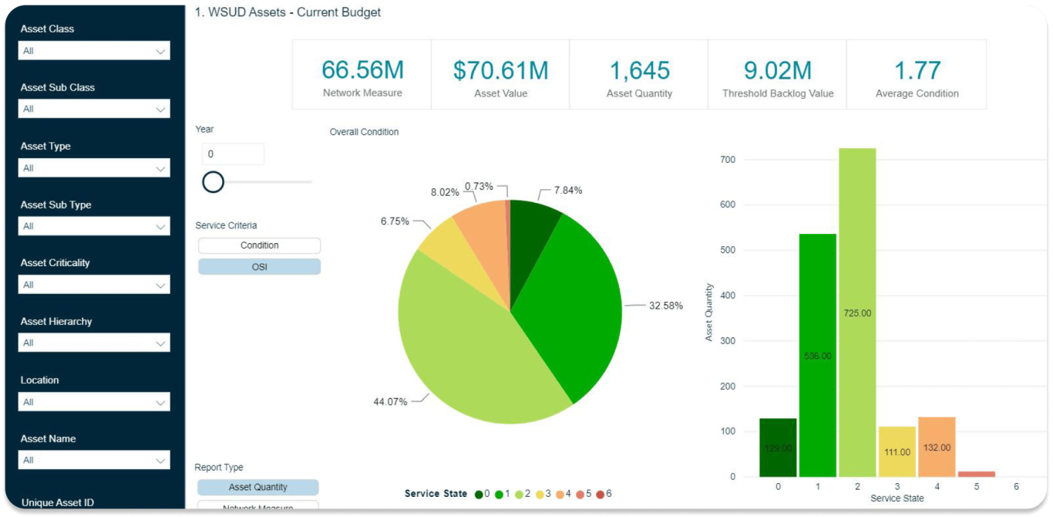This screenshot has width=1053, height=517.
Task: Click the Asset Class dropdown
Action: pyautogui.click(x=93, y=51)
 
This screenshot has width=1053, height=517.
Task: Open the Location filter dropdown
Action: pyautogui.click(x=93, y=402)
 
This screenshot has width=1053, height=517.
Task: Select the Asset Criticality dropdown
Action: pyautogui.click(x=93, y=285)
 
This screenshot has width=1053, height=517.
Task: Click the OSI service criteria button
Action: pyautogui.click(x=259, y=266)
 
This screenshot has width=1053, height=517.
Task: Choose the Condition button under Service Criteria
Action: pyautogui.click(x=259, y=245)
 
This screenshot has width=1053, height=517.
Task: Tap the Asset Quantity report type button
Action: pyautogui.click(x=257, y=487)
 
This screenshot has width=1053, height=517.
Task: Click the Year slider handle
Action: pyautogui.click(x=213, y=182)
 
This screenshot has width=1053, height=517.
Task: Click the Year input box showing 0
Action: pyautogui.click(x=233, y=154)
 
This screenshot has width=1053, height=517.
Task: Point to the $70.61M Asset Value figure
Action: pyautogui.click(x=500, y=71)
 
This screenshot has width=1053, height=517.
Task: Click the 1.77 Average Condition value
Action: pyautogui.click(x=917, y=71)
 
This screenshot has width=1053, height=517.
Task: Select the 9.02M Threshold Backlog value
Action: pyautogui.click(x=777, y=71)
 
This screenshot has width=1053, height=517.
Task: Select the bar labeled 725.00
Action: pyautogui.click(x=857, y=313)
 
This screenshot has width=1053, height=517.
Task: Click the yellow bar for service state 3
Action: pyautogui.click(x=897, y=451)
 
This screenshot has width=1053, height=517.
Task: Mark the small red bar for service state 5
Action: pyautogui.click(x=976, y=474)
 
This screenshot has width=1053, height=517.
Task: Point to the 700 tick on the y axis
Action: pyautogui.click(x=728, y=160)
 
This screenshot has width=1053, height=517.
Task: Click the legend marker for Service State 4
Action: pyautogui.click(x=559, y=494)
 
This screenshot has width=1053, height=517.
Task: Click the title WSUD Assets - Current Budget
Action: pyautogui.click(x=288, y=12)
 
